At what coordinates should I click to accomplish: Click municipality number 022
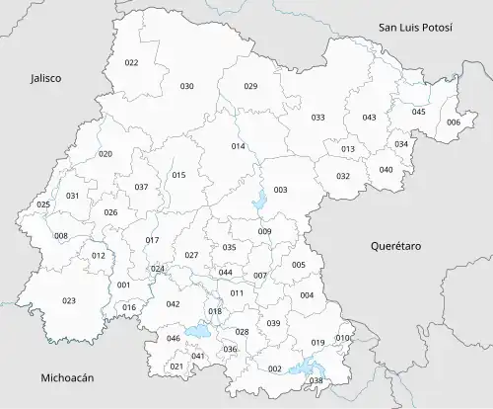pyautogui.click(x=131, y=62)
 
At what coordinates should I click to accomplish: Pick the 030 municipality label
pyautogui.click(x=186, y=87)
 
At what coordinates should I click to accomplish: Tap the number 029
pyautogui.click(x=250, y=87)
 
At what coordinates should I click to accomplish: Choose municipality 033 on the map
pyautogui.click(x=317, y=118)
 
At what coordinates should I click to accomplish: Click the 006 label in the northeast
pyautogui.click(x=453, y=123)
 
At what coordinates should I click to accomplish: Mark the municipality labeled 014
pyautogui.click(x=238, y=146)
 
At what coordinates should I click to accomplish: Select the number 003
pyautogui.click(x=280, y=190)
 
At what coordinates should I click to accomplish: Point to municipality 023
pyautogui.click(x=68, y=300)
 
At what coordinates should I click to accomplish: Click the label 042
pyautogui.click(x=173, y=304)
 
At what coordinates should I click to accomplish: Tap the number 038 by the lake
pyautogui.click(x=316, y=380)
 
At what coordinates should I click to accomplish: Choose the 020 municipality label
pyautogui.click(x=106, y=154)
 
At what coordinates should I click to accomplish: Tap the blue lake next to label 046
pyautogui.click(x=197, y=332)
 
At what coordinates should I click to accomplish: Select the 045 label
pyautogui.click(x=418, y=112)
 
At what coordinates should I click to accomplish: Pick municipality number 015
pyautogui.click(x=178, y=175)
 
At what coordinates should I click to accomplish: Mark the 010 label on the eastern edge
pyautogui.click(x=342, y=339)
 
